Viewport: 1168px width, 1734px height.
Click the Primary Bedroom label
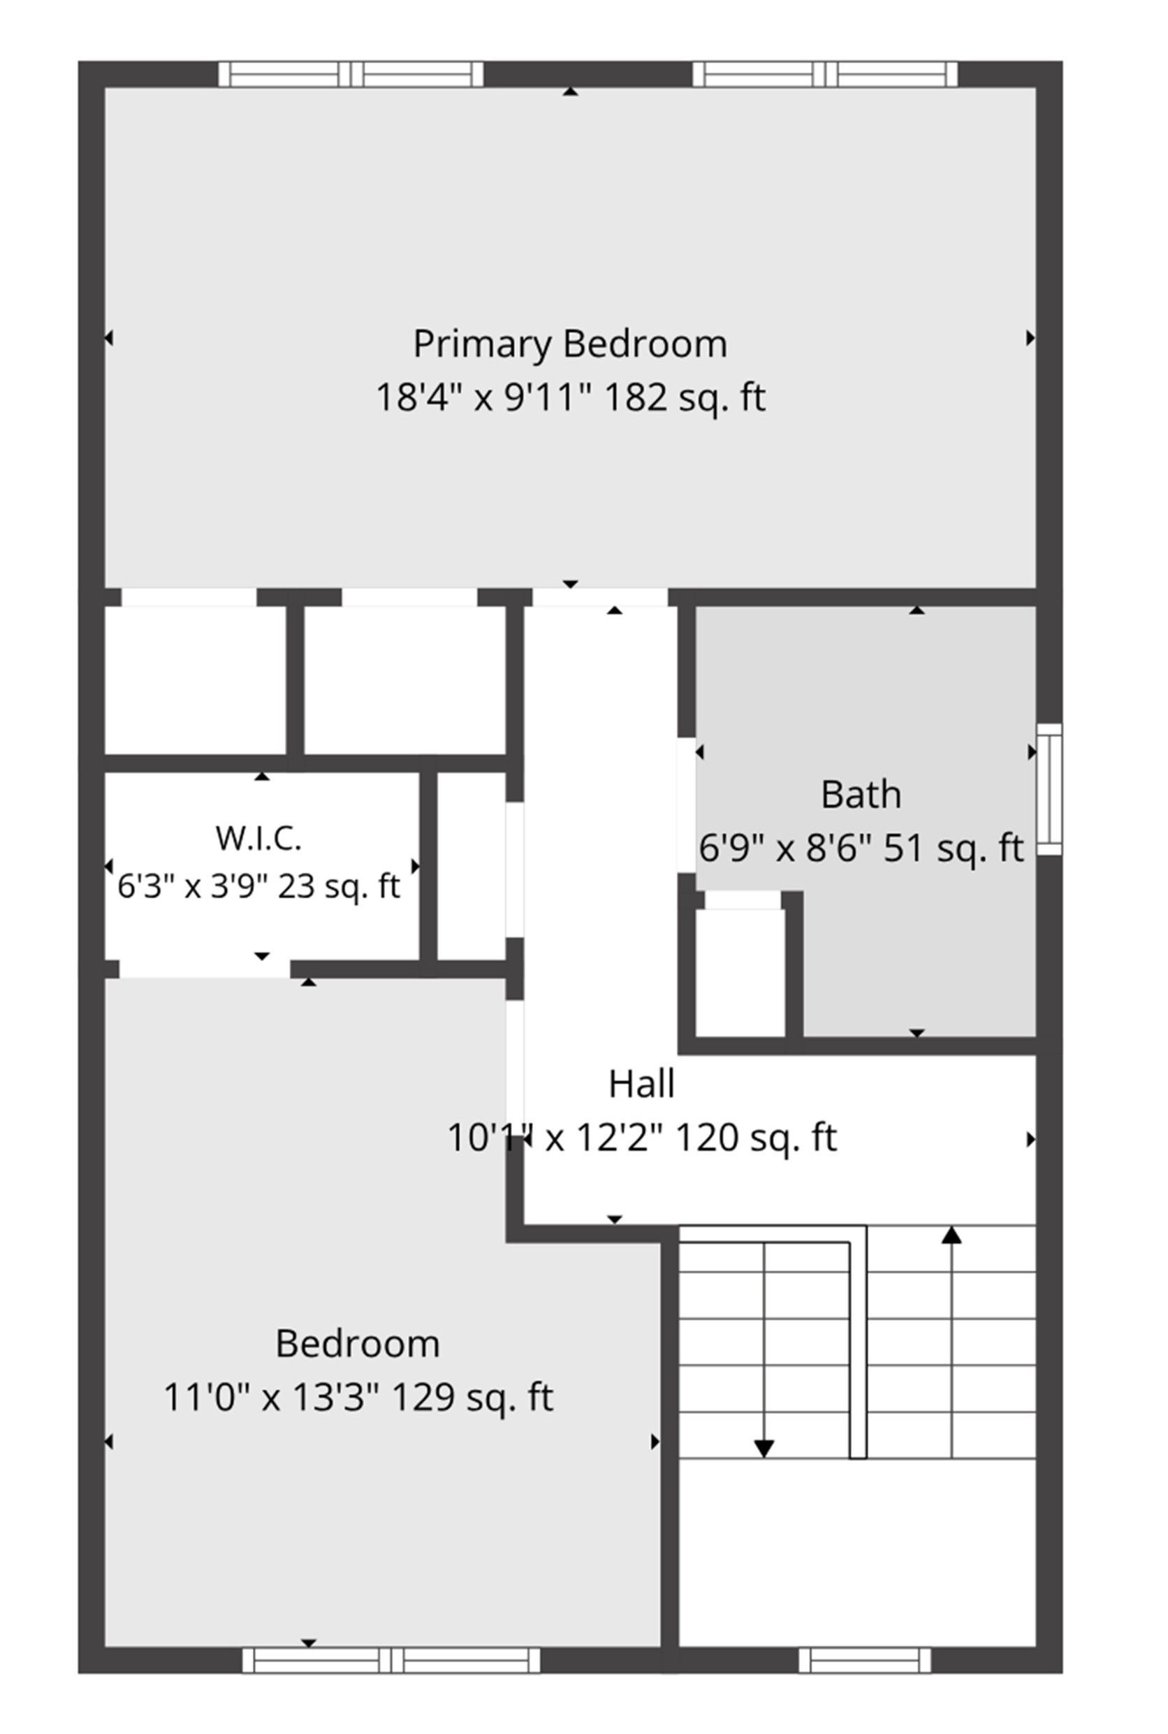click(570, 344)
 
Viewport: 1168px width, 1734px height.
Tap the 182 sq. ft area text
click(684, 397)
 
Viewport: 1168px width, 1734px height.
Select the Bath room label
click(861, 795)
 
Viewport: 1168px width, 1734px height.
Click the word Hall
click(641, 1083)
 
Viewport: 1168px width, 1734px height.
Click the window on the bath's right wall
click(1049, 789)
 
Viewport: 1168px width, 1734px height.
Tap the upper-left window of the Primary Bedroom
click(351, 75)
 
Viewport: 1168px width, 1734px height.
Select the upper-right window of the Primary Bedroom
click(824, 75)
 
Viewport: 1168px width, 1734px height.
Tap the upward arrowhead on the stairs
click(951, 1235)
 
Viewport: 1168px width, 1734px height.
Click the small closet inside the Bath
click(740, 971)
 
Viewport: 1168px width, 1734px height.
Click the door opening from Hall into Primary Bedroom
click(599, 597)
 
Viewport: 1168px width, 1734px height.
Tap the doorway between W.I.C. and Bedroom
click(205, 969)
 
